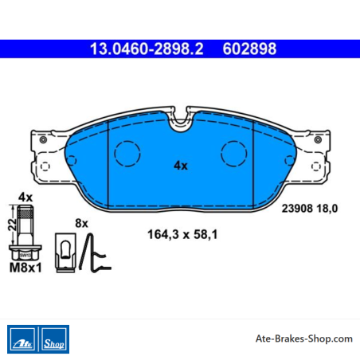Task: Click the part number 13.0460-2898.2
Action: tap(147, 49)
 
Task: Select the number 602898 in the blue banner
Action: tap(249, 49)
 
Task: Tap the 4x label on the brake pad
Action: tap(181, 166)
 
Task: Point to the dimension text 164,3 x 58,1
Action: tap(182, 234)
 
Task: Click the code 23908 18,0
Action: tap(310, 209)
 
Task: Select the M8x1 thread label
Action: tap(25, 268)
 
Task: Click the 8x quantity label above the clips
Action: tap(81, 223)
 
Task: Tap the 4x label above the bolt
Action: tap(25, 198)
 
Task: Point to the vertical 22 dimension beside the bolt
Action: tap(12, 225)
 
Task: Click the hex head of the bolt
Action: tap(25, 252)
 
